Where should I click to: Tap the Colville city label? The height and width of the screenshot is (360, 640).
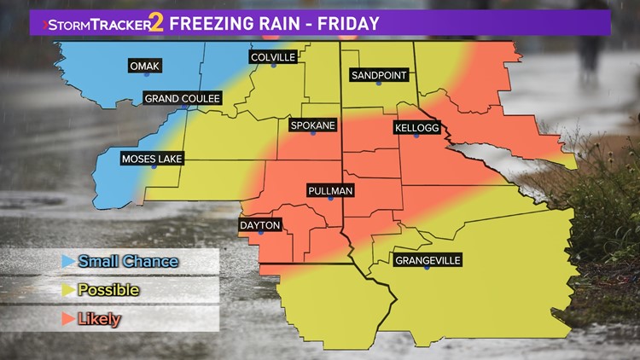pyautogui.click(x=272, y=57)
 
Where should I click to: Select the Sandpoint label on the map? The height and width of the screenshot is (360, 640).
pyautogui.click(x=380, y=76)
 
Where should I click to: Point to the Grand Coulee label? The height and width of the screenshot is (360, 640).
pyautogui.click(x=183, y=99)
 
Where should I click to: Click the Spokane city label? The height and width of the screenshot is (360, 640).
pyautogui.click(x=312, y=125)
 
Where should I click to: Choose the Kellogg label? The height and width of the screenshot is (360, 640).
pyautogui.click(x=416, y=128)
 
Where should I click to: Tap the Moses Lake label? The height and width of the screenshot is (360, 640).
pyautogui.click(x=152, y=159)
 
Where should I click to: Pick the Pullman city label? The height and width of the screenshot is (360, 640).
pyautogui.click(x=330, y=190)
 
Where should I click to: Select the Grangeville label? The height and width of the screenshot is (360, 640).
pyautogui.click(x=427, y=260)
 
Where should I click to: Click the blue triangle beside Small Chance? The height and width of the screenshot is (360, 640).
pyautogui.click(x=66, y=261)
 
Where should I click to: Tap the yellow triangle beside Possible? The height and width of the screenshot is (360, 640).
pyautogui.click(x=66, y=290)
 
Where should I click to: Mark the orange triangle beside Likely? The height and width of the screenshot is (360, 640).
pyautogui.click(x=66, y=319)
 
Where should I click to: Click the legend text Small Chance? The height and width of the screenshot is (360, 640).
pyautogui.click(x=128, y=261)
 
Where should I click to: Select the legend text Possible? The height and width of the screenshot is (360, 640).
pyautogui.click(x=108, y=290)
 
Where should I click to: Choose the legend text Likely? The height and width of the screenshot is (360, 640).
pyautogui.click(x=99, y=319)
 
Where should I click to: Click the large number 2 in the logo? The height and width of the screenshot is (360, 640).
pyautogui.click(x=155, y=22)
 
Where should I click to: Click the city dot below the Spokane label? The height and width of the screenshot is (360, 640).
pyautogui.click(x=312, y=134)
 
